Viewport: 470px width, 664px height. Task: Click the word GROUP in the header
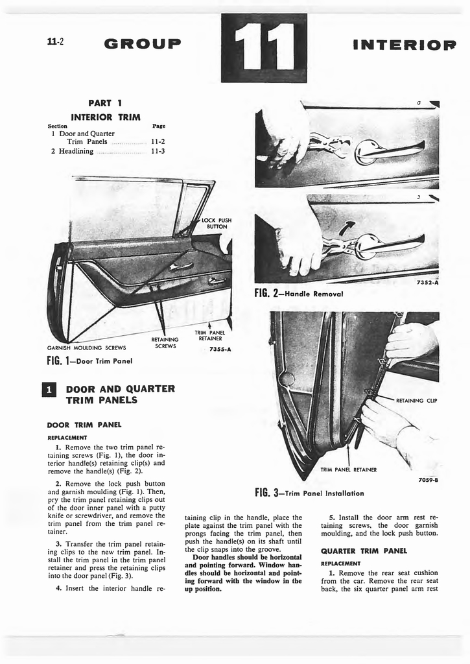click(x=143, y=44)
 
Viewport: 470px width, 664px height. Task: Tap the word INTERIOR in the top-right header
click(x=404, y=45)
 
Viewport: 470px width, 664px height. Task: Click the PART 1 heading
click(x=106, y=102)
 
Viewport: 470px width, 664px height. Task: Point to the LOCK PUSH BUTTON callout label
click(x=217, y=224)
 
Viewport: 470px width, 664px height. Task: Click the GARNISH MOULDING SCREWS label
click(x=87, y=347)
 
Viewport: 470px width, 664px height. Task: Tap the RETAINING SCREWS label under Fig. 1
click(x=165, y=342)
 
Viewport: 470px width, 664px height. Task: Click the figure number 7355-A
click(x=217, y=350)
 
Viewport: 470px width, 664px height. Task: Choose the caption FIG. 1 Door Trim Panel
click(x=89, y=361)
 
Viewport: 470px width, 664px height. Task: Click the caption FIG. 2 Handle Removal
click(x=299, y=293)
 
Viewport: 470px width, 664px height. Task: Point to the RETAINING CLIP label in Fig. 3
click(x=416, y=400)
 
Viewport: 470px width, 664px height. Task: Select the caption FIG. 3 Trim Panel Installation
click(x=310, y=493)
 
